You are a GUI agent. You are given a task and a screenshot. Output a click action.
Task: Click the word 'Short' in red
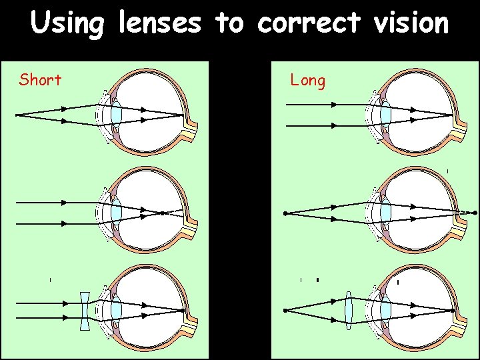40,81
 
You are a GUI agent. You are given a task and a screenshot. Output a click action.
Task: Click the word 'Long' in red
307,81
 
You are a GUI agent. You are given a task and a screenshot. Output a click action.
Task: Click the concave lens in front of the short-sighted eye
84,311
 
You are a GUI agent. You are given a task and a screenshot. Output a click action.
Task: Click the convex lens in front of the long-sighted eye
349,311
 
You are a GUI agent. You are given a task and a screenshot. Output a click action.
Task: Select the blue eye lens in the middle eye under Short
116,213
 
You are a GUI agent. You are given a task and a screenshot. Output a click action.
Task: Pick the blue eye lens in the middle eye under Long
385,213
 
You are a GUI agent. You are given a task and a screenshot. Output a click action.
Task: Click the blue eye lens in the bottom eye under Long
385,311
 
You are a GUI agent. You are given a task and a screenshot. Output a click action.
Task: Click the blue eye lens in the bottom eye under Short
116,311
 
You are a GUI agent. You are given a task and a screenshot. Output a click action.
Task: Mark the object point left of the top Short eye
17,115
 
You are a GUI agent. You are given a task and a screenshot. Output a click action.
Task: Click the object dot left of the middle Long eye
285,213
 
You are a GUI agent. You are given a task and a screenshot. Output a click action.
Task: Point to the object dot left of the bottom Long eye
285,311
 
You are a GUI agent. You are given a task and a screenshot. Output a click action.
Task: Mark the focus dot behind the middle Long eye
475,213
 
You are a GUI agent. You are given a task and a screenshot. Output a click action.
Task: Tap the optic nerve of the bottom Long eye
462,327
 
